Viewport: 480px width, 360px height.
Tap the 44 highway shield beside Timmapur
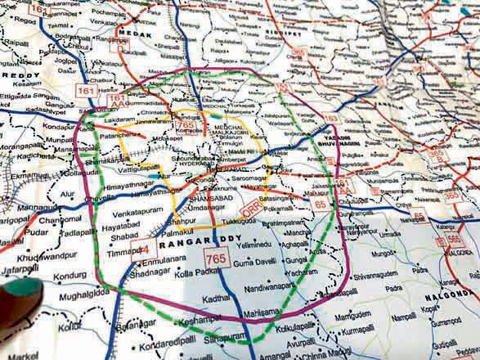pyautogui.click(x=143, y=250)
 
